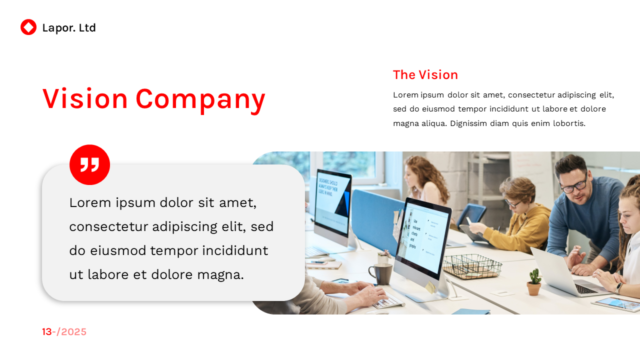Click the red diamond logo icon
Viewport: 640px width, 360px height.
point(28,27)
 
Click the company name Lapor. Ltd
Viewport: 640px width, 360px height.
point(69,28)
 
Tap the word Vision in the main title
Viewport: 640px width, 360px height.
point(85,98)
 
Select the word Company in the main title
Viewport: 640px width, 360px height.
point(200,99)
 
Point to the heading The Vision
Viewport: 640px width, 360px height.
point(425,75)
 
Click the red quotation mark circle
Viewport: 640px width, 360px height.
point(89,164)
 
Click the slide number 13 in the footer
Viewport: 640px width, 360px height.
point(46,332)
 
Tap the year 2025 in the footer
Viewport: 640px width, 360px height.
point(74,332)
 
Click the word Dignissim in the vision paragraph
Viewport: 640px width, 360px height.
point(468,123)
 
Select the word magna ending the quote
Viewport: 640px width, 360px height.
point(220,275)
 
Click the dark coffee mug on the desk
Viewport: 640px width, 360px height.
point(381,274)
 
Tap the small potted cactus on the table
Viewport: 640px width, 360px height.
point(534,282)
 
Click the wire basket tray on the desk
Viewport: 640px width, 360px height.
point(472,266)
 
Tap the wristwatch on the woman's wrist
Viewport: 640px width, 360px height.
point(619,288)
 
